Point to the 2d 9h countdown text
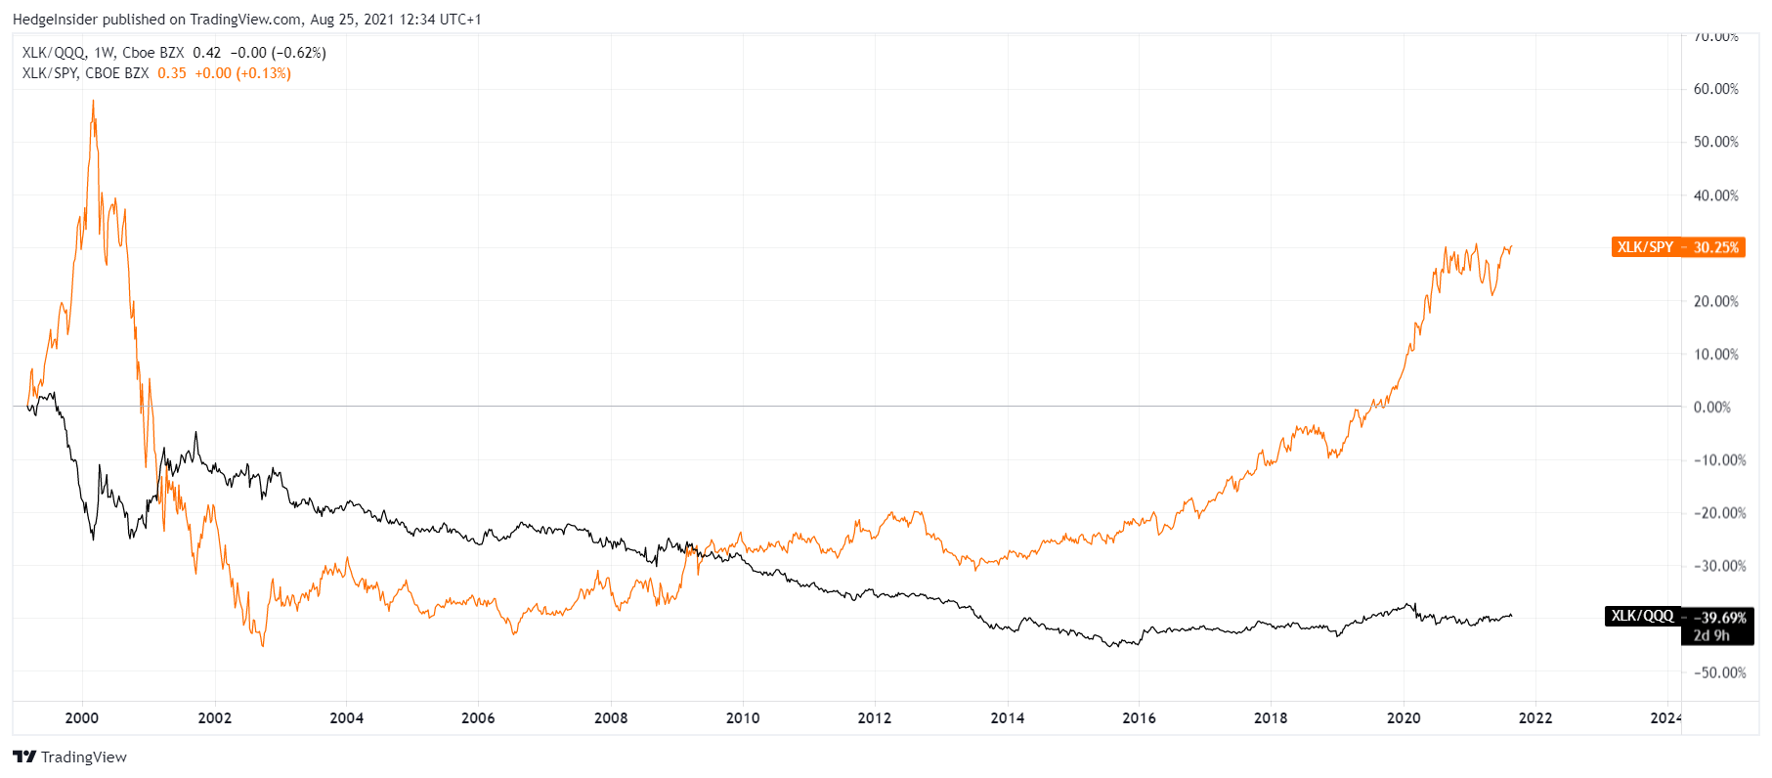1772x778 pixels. click(x=1711, y=635)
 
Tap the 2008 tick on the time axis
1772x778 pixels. click(x=611, y=717)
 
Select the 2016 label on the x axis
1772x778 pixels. click(x=1139, y=717)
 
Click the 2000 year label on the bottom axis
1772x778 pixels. click(x=82, y=717)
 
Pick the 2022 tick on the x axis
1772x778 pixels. click(x=1535, y=717)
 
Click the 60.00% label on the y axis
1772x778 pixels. click(x=1715, y=89)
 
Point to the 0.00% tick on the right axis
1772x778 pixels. click(x=1712, y=407)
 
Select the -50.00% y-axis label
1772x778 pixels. click(x=1719, y=672)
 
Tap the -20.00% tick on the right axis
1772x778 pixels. click(x=1719, y=513)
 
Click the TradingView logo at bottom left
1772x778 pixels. click(x=70, y=756)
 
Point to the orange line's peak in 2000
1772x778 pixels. click(x=93, y=101)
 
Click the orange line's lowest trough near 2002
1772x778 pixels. click(x=263, y=645)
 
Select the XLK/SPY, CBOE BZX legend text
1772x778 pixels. click(x=86, y=73)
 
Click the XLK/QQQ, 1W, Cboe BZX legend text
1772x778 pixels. click(x=103, y=53)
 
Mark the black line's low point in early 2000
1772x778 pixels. click(x=94, y=539)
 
